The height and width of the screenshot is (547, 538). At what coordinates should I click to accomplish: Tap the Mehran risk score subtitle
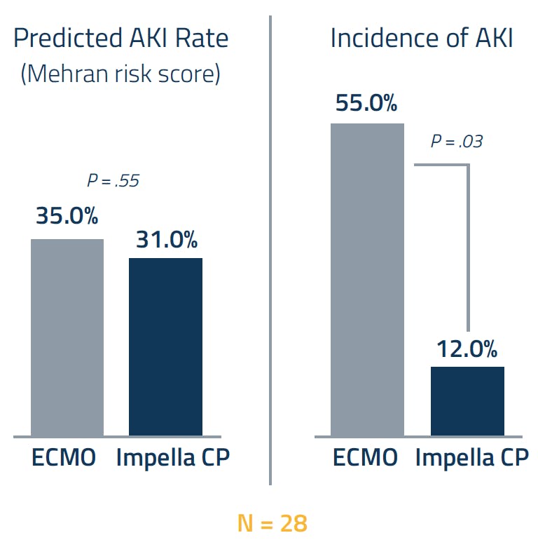(120, 73)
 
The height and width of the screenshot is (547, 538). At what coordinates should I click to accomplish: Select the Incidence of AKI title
(422, 39)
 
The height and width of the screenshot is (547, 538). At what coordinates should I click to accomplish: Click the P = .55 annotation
(113, 181)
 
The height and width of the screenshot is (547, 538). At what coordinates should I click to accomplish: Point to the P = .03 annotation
(457, 142)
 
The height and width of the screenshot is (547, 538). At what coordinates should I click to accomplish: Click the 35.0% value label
(67, 216)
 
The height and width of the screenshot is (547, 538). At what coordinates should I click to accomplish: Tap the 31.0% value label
(166, 240)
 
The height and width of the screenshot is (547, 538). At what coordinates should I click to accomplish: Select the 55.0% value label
(366, 103)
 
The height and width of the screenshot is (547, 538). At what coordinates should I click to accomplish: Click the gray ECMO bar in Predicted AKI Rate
(67, 337)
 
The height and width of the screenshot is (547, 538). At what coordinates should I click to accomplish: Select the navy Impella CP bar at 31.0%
(166, 346)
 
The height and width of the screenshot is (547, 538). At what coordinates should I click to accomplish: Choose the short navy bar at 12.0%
(467, 400)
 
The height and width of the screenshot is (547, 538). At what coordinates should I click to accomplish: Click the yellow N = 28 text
(272, 522)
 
